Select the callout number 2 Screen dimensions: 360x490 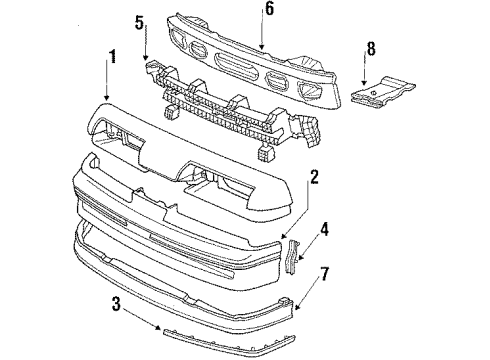click(313, 177)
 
